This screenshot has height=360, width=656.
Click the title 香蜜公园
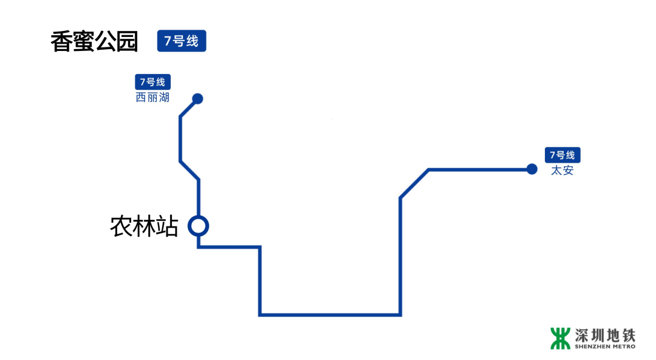coord(94,42)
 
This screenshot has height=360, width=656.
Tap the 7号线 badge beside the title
coord(182,41)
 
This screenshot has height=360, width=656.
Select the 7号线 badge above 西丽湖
coord(152,82)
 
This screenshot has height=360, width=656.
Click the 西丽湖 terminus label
coord(152,97)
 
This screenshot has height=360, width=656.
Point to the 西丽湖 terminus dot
coord(197,98)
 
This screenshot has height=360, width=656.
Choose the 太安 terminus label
coord(562,171)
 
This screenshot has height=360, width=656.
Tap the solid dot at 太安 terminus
coord(532,169)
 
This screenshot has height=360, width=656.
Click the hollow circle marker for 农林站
coord(198,226)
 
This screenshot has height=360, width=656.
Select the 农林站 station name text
coord(144,226)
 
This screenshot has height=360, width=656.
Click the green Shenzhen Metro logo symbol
coord(560,338)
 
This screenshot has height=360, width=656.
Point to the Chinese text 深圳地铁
coord(605,335)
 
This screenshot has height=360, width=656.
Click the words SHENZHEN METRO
coord(605,347)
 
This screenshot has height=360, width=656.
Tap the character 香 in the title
coord(61,42)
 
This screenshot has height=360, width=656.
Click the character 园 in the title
coord(127,42)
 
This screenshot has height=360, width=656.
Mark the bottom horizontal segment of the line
coord(330,314)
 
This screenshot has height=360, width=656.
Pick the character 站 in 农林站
coord(167,226)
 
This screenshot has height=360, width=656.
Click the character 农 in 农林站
coord(121,226)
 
